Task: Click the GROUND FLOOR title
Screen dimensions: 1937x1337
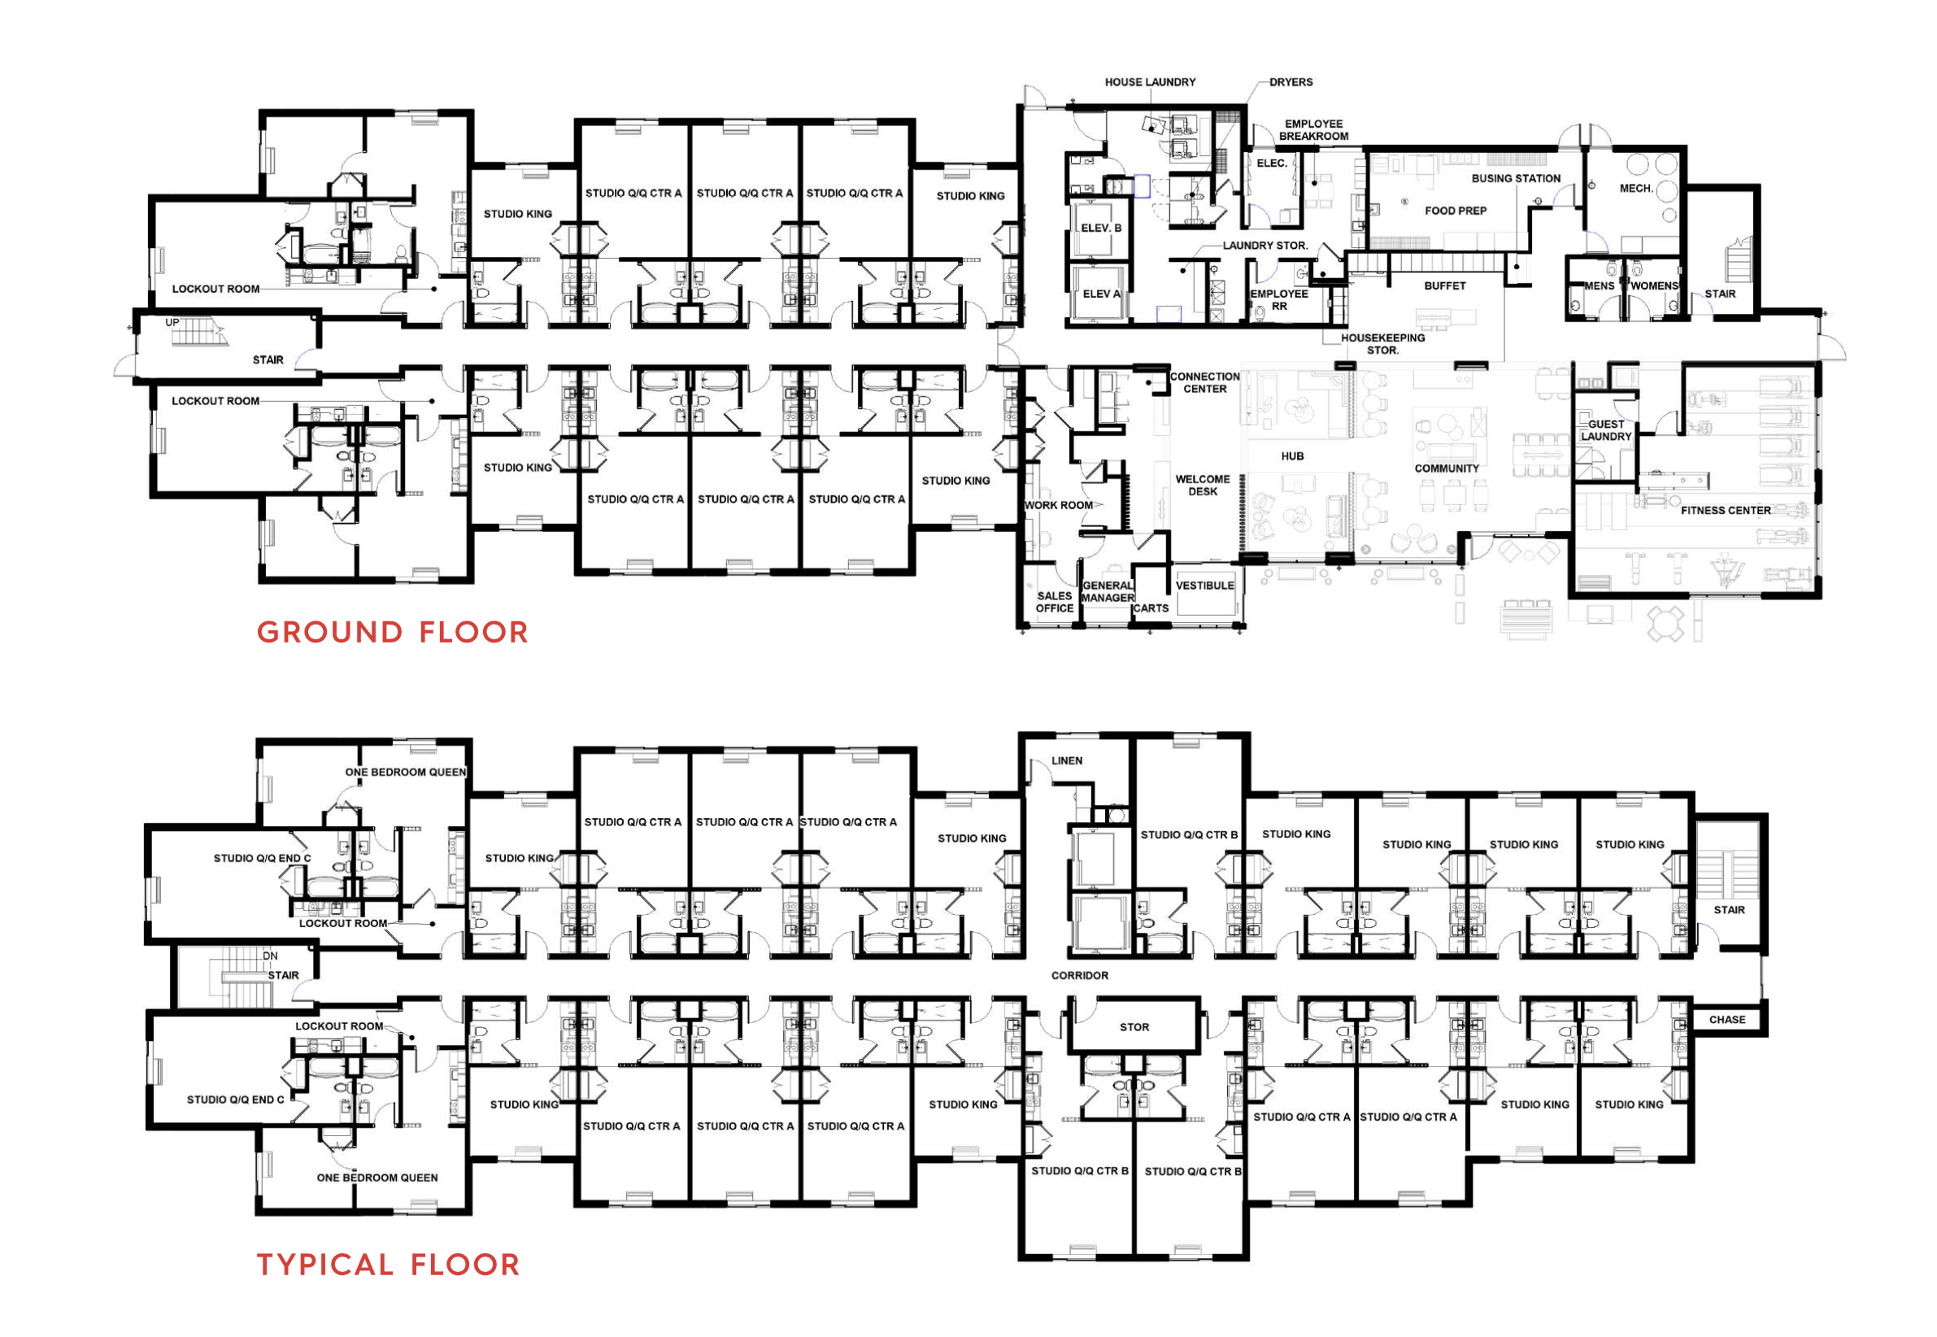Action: pyautogui.click(x=392, y=632)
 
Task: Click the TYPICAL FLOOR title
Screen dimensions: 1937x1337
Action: pyautogui.click(x=388, y=1264)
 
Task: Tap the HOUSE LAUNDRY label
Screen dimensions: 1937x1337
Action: pyautogui.click(x=1150, y=82)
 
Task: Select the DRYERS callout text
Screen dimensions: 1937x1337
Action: pyautogui.click(x=1291, y=82)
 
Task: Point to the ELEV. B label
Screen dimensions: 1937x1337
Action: pyautogui.click(x=1100, y=228)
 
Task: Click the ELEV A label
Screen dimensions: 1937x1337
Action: pyautogui.click(x=1100, y=294)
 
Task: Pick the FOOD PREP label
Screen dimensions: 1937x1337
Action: pyautogui.click(x=1456, y=211)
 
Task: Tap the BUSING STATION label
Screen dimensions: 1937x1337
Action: pyautogui.click(x=1516, y=178)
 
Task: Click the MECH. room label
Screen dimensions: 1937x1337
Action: pyautogui.click(x=1636, y=189)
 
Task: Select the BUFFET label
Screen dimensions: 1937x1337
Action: pyautogui.click(x=1444, y=285)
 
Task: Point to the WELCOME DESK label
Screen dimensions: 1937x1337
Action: pyautogui.click(x=1203, y=485)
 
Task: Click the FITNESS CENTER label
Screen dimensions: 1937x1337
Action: pyautogui.click(x=1725, y=510)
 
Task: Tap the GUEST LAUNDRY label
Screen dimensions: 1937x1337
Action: pyautogui.click(x=1605, y=430)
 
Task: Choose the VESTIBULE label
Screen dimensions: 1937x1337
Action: pyautogui.click(x=1204, y=586)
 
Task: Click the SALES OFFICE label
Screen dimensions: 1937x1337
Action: pyautogui.click(x=1055, y=603)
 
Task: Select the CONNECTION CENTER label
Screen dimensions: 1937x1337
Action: pyautogui.click(x=1204, y=383)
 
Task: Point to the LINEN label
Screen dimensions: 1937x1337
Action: pyautogui.click(x=1067, y=760)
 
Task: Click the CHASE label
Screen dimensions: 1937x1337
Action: pyautogui.click(x=1727, y=1020)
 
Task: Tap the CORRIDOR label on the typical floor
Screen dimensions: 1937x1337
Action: pyautogui.click(x=1079, y=975)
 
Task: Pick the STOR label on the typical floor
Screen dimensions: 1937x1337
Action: pyautogui.click(x=1134, y=1027)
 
